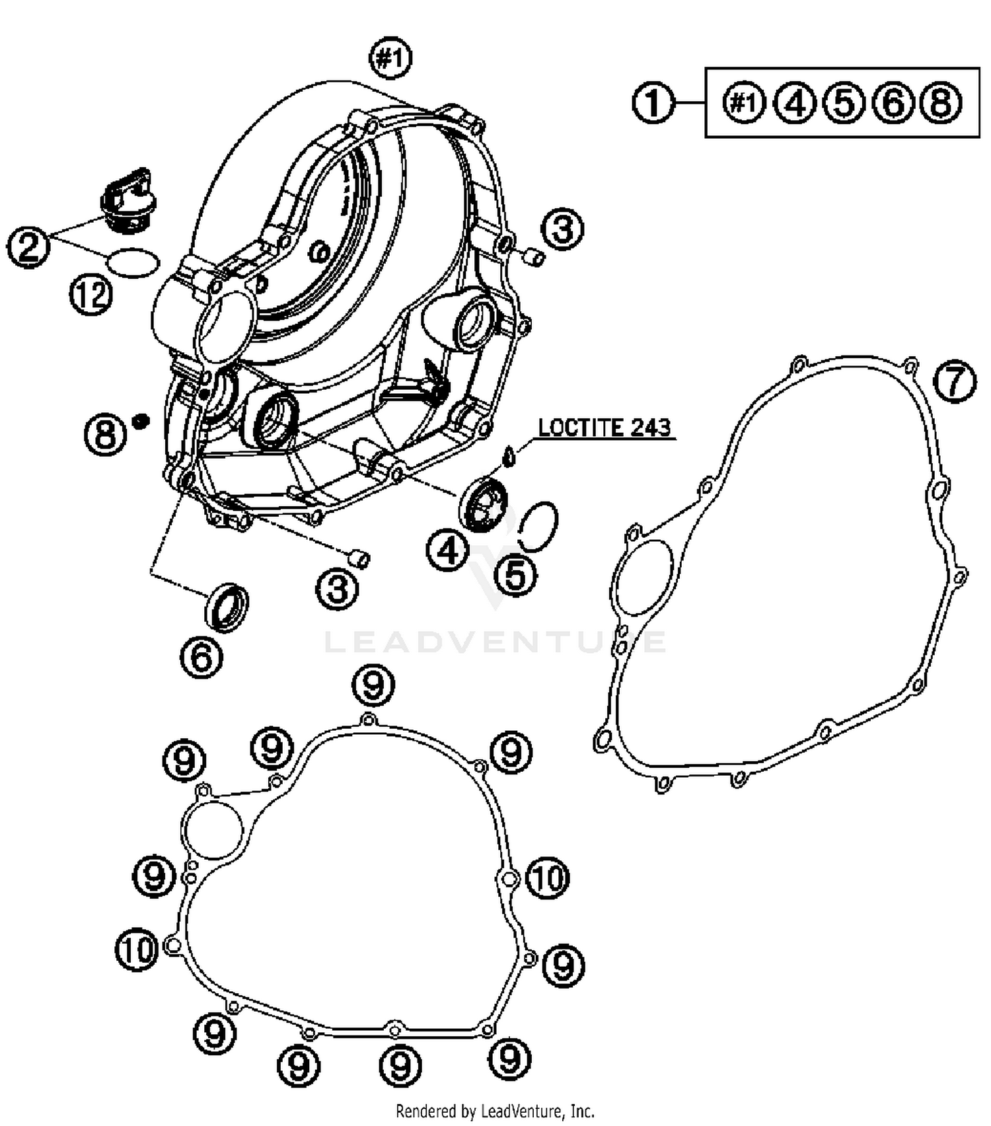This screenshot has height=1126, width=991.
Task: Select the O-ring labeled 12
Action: [133, 263]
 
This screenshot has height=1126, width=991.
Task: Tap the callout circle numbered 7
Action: [955, 381]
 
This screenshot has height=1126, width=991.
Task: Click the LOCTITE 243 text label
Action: [605, 428]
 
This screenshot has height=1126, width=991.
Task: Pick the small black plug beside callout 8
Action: [139, 420]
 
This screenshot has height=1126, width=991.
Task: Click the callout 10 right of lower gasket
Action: [548, 879]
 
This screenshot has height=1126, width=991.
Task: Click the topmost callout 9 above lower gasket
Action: [373, 686]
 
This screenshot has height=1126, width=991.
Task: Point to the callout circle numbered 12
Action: [91, 294]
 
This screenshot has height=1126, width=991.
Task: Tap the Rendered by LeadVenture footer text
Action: [495, 1111]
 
